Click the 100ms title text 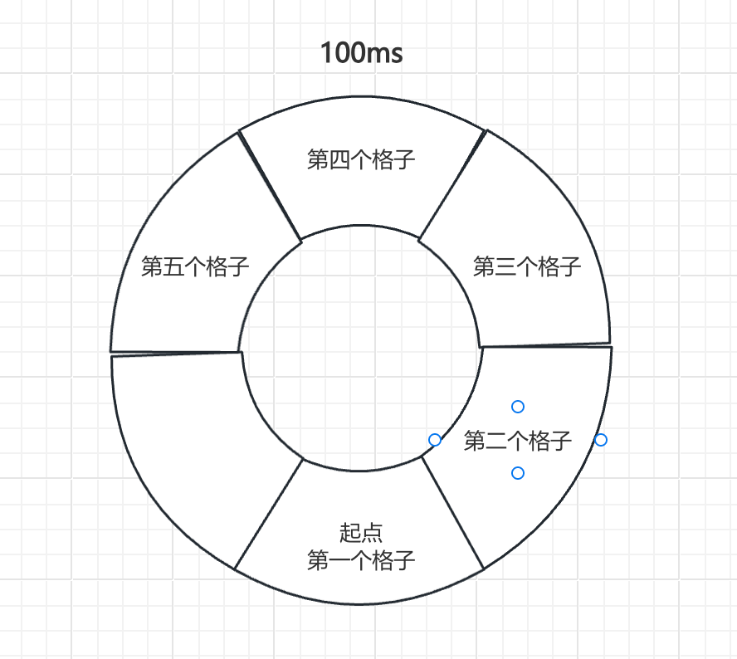[x=362, y=53]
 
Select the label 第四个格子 [x=361, y=159]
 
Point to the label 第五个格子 [x=195, y=266]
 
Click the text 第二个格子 [x=518, y=440]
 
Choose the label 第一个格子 [x=361, y=560]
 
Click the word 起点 [x=361, y=532]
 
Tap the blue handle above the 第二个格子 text [x=518, y=406]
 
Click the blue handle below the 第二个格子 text [x=518, y=473]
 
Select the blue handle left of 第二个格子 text [x=435, y=439]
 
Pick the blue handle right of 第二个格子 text [x=601, y=439]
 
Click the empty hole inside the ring [x=360, y=349]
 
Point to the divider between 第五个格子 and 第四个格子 [x=270, y=184]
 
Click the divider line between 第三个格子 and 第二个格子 [x=545, y=344]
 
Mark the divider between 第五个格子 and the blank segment [x=176, y=352]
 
